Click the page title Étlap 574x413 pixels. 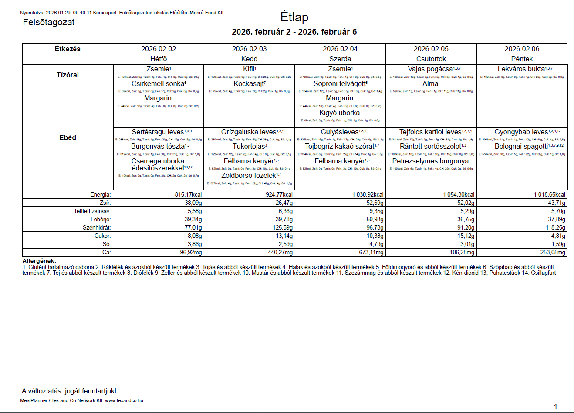[x=294, y=17]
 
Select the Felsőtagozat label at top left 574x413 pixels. [x=49, y=22]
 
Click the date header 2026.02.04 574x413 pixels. [x=340, y=49]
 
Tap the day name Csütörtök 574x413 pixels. [x=431, y=59]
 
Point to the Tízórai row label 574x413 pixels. [x=68, y=75]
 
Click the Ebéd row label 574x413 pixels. [x=68, y=137]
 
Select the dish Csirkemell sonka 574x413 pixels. [x=158, y=84]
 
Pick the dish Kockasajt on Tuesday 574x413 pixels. [x=249, y=84]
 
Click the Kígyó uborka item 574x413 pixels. [x=339, y=113]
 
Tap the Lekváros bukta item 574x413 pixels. [x=521, y=69]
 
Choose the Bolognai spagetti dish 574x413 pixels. [x=521, y=147]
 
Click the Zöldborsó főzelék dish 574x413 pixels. [x=249, y=176]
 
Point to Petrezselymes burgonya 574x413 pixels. [x=430, y=161]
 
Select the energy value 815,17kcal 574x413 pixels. [x=188, y=195]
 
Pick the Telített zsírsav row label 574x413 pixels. [x=92, y=211]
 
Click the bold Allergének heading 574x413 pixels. [x=39, y=261]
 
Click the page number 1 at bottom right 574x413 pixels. [x=555, y=406]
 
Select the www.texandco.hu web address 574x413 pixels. [x=124, y=400]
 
